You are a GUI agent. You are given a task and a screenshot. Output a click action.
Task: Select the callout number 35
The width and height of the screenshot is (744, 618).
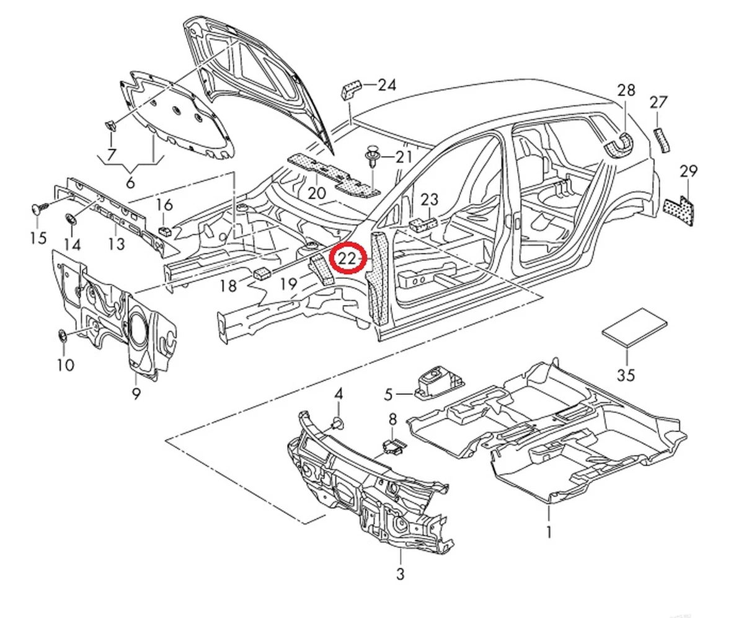(627, 375)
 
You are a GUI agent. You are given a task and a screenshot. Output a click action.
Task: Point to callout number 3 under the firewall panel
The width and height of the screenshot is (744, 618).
(401, 573)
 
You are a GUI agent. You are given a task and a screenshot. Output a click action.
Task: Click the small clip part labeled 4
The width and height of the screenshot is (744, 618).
(339, 423)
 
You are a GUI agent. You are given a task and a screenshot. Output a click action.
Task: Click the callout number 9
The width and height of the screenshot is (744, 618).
(136, 393)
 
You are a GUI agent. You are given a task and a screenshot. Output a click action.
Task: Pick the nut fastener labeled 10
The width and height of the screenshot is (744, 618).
(63, 337)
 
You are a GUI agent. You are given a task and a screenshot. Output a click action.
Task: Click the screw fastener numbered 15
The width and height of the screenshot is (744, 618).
(37, 209)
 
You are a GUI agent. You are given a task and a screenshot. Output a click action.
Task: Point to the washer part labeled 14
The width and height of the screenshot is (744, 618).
(71, 218)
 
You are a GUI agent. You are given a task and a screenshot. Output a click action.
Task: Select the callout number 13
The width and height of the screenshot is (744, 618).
(117, 243)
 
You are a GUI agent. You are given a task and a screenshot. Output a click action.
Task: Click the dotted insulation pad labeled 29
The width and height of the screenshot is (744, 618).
(681, 210)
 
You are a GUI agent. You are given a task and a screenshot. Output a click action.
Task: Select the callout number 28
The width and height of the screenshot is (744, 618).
(626, 90)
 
